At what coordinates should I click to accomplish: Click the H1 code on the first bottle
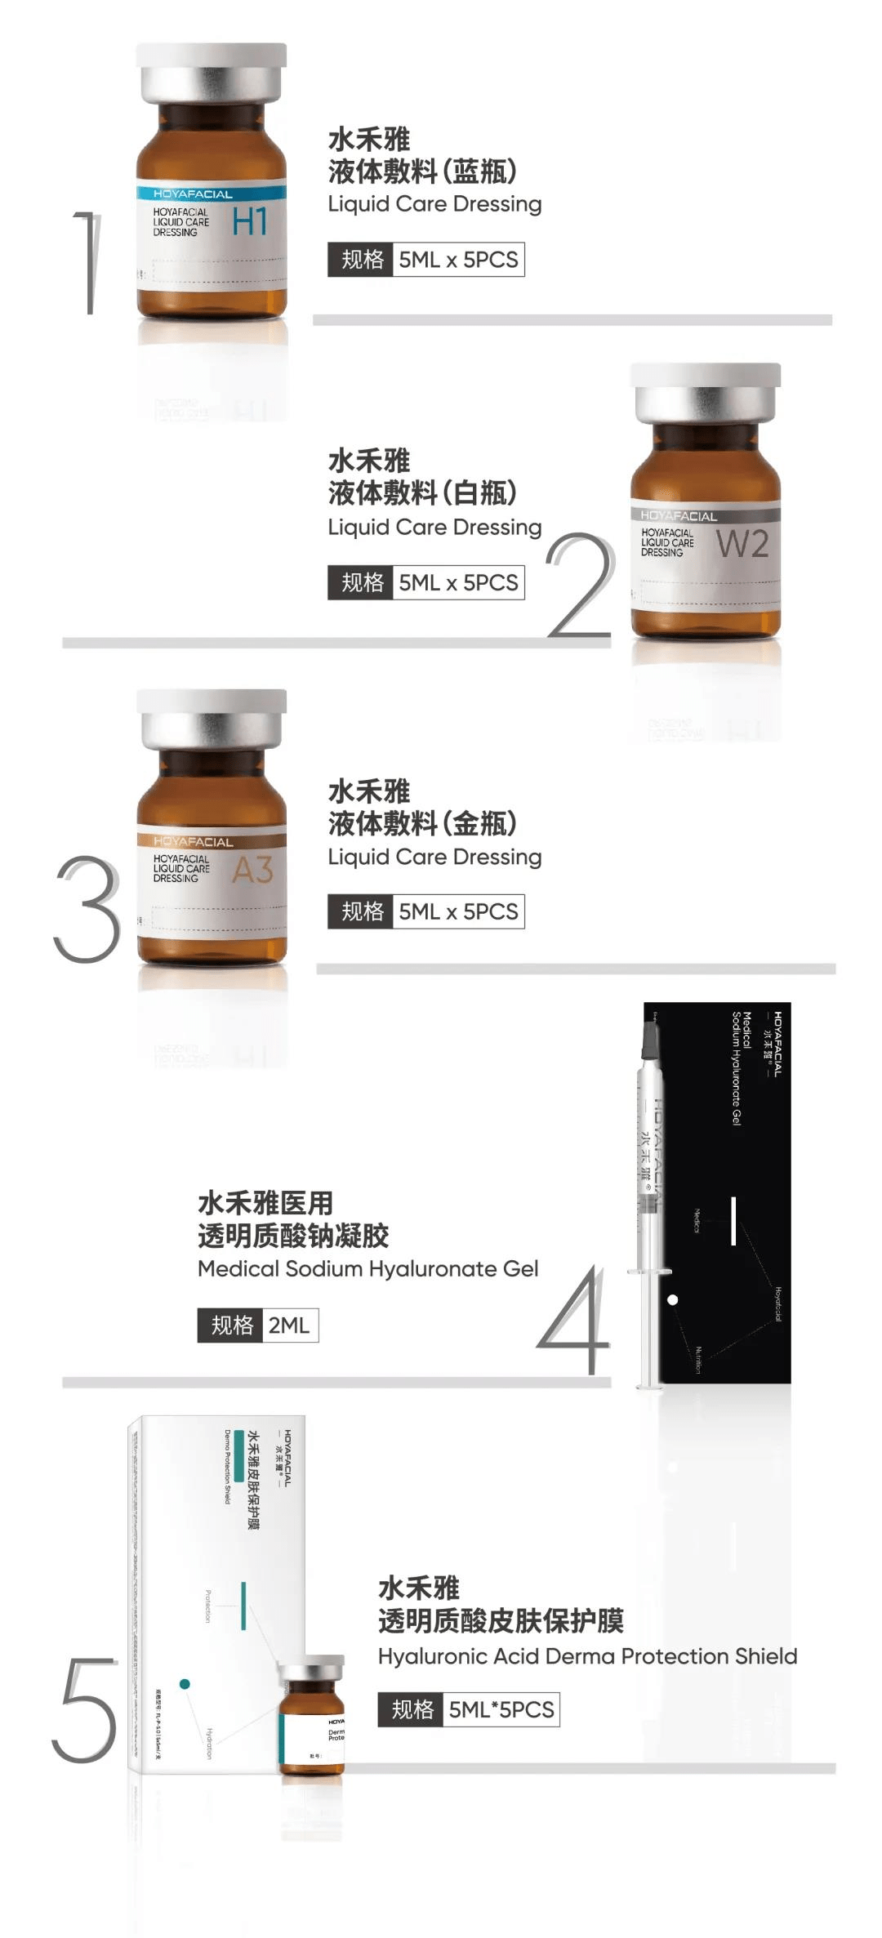click(249, 221)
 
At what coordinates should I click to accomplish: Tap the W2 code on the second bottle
click(742, 544)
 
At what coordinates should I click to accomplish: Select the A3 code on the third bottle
click(252, 871)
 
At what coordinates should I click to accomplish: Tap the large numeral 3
click(87, 909)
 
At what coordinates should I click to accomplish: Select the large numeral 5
click(84, 1709)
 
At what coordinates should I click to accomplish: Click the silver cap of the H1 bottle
click(212, 73)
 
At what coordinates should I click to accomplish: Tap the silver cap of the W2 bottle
click(706, 393)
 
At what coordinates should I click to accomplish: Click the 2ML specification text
click(289, 1325)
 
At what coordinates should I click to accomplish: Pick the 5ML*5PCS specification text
click(501, 1709)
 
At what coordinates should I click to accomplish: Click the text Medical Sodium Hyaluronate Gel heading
click(367, 1268)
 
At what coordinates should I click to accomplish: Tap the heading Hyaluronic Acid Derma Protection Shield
click(587, 1655)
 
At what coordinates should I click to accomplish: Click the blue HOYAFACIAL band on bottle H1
click(211, 194)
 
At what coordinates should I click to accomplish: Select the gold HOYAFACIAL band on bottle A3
click(211, 841)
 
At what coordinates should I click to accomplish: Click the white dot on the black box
click(673, 1299)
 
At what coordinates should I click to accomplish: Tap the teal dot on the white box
click(185, 1683)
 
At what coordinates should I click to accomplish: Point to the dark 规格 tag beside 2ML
click(231, 1325)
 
